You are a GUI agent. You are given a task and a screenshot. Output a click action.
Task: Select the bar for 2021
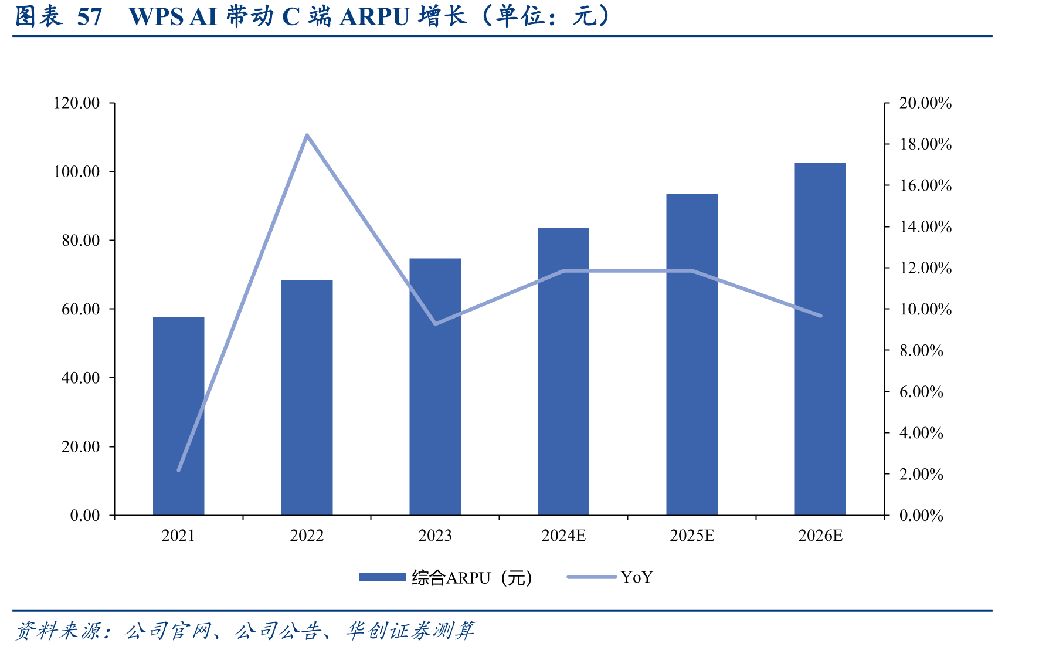[178, 416]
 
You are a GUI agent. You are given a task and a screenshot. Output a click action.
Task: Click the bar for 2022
[307, 398]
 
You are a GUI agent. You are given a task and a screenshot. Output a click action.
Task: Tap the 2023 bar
[435, 387]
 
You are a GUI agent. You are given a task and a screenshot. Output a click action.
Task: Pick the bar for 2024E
[563, 371]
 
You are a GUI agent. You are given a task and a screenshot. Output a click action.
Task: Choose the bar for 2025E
[692, 354]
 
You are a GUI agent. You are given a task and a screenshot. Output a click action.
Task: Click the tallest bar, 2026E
[820, 339]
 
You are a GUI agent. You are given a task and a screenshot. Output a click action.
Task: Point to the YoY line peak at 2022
[307, 136]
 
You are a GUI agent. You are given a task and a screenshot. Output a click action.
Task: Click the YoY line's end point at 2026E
[820, 316]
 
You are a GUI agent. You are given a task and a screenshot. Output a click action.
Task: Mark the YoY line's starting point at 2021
[178, 470]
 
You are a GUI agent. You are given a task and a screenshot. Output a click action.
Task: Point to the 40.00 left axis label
[81, 378]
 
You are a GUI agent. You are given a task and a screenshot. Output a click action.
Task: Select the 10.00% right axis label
[926, 309]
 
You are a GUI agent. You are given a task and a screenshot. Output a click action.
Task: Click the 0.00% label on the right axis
[922, 516]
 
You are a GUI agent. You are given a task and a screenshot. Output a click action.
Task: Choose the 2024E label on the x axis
[563, 536]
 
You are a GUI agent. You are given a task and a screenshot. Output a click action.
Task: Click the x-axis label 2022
[307, 536]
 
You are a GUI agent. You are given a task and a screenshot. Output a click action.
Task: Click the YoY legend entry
[610, 577]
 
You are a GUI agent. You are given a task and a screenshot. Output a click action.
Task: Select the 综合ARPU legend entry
[446, 578]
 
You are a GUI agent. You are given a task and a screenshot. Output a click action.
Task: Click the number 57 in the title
[90, 17]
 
